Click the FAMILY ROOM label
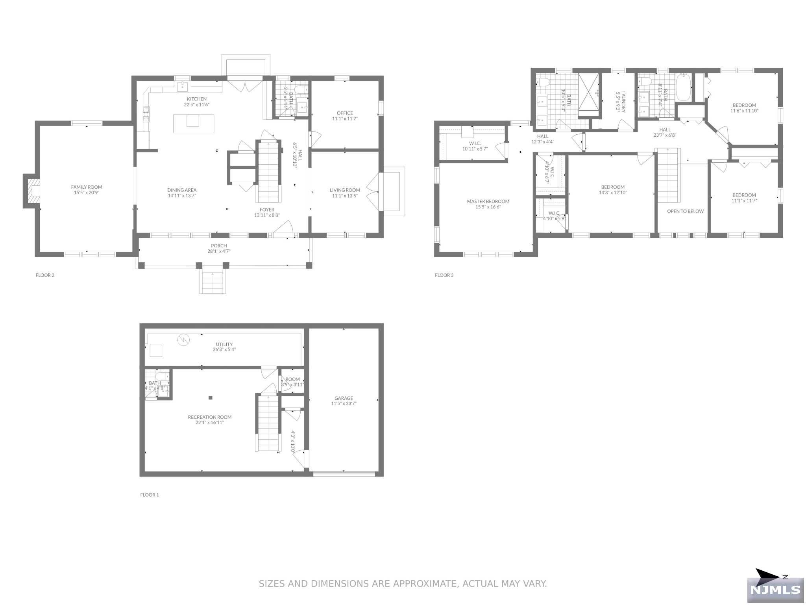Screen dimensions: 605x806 tap(86, 187)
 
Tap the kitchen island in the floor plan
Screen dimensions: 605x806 tap(193, 123)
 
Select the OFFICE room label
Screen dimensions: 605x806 tap(344, 113)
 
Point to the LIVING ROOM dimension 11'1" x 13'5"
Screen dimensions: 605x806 tap(344, 196)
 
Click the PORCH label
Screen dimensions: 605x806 tap(219, 246)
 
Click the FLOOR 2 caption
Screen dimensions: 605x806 tap(45, 275)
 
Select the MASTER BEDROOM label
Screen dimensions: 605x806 tap(488, 201)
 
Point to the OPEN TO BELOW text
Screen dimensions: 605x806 tap(685, 212)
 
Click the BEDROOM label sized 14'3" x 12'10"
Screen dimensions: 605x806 tap(612, 187)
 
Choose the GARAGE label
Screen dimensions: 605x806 tap(344, 398)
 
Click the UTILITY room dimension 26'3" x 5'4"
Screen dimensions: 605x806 tap(224, 350)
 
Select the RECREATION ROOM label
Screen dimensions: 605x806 tap(209, 417)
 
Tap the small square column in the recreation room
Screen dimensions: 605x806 tap(211, 398)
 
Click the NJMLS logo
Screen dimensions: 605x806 tap(775, 590)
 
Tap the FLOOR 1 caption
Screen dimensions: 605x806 tap(150, 495)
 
